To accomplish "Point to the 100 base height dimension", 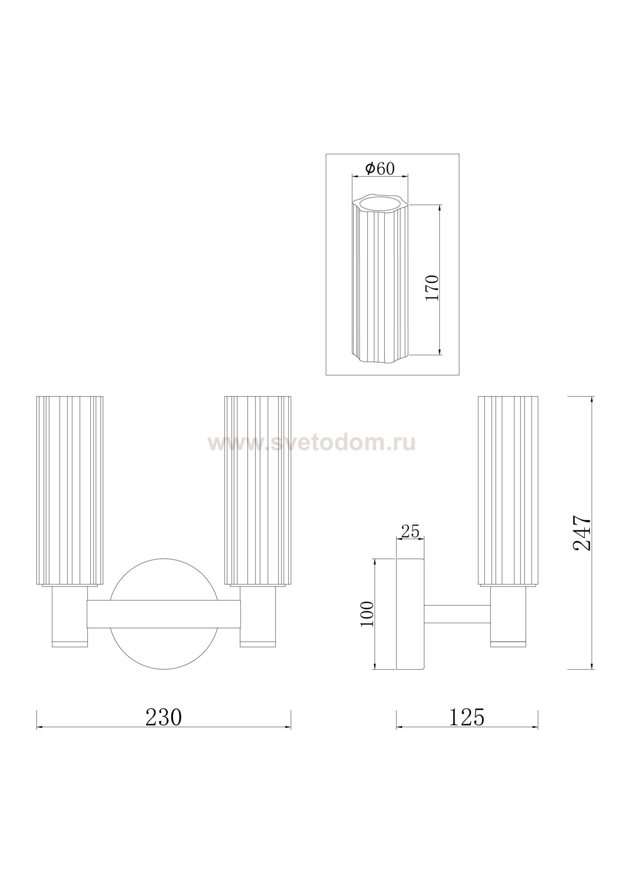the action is pyautogui.click(x=367, y=614).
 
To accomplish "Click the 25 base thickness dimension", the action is pyautogui.click(x=410, y=531).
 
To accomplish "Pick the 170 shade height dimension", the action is pyautogui.click(x=432, y=288).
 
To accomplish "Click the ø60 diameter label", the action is pyautogui.click(x=379, y=169).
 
